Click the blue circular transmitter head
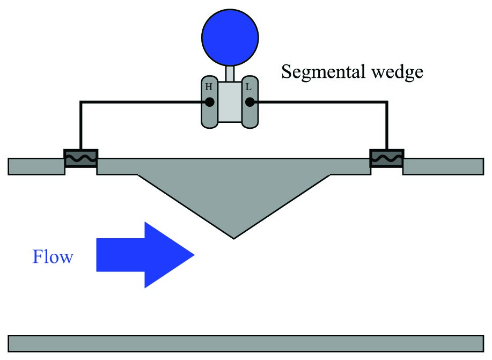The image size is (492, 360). pos(230,38)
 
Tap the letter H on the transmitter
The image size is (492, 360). pos(209,86)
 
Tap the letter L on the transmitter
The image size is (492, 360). pos(248,87)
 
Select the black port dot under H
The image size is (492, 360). pos(210,102)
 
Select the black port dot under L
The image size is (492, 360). pos(250,102)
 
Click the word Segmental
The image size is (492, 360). pos(324,72)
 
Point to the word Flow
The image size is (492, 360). pos(53,256)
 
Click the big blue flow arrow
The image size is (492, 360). pos(145,255)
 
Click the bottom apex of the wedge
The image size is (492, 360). pos(234,239)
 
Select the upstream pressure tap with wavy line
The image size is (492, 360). pos(81,158)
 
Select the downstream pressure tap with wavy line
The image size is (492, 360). pos(387,158)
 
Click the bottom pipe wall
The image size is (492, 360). pos(246,344)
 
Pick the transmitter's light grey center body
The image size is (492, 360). pos(230,102)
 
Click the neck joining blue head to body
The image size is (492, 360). pos(230,74)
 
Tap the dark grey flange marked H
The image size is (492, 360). pos(210,102)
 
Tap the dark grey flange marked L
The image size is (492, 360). pos(250,102)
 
